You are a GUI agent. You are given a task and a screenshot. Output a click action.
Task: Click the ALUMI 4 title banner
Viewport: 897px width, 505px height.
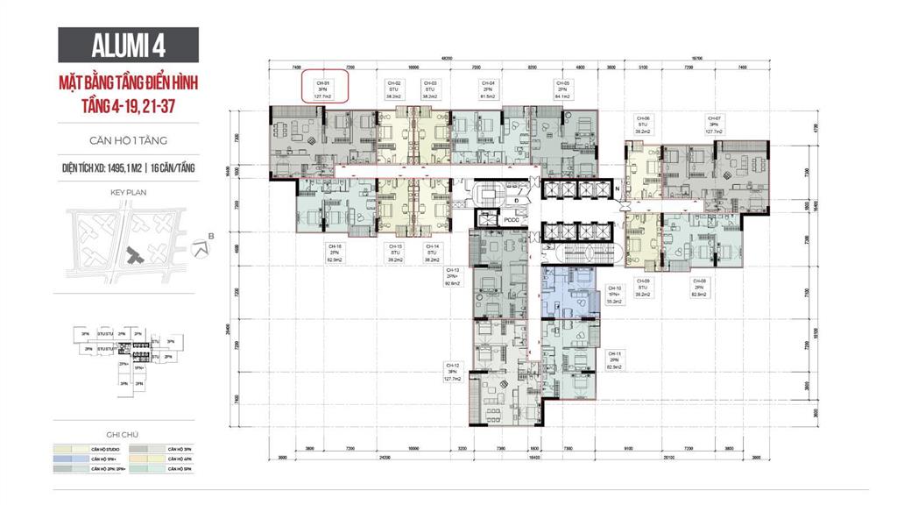tap(128, 45)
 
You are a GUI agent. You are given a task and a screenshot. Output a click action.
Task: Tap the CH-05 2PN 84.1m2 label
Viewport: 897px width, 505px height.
tap(562, 89)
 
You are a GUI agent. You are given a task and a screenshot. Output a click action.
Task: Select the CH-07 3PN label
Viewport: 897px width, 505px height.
tap(713, 124)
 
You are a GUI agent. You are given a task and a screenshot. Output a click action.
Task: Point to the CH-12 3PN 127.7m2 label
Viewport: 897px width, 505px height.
tap(453, 373)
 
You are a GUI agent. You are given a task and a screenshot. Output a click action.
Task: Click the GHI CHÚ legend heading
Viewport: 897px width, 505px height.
tap(128, 434)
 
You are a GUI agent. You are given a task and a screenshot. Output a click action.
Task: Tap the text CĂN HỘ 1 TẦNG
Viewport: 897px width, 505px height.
tap(128, 139)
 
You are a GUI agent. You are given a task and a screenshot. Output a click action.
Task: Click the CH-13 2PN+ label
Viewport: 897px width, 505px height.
tap(453, 276)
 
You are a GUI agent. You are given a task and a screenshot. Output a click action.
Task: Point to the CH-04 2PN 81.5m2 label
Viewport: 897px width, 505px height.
tap(488, 89)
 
